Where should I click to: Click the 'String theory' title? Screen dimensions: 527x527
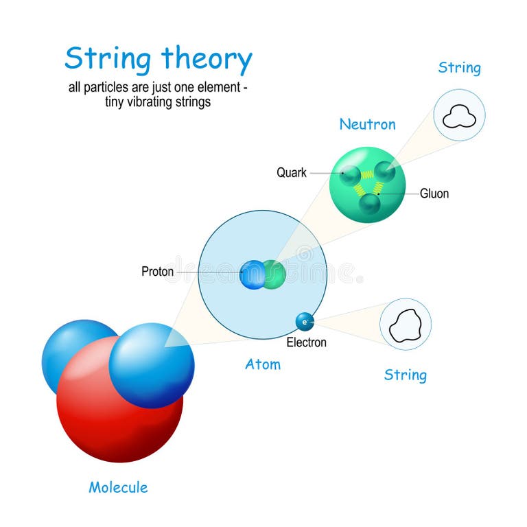pos(159,60)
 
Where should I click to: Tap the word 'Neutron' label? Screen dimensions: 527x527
pos(367,124)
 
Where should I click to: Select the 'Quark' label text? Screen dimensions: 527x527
pos(292,173)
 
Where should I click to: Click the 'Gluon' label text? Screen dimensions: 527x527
pos(434,194)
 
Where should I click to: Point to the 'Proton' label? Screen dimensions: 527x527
pos(157,272)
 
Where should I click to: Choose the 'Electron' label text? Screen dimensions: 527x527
pos(306,342)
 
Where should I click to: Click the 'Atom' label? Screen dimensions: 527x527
pos(263,364)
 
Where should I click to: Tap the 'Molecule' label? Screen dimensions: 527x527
pos(118,488)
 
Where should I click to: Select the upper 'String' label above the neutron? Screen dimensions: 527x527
pos(459,68)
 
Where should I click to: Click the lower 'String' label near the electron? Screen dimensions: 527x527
pos(405,375)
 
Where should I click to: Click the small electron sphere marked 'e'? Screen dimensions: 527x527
pos(305,320)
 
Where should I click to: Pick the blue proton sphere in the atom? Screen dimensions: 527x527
pos(252,274)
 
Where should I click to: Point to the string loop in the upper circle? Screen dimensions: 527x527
pos(459,117)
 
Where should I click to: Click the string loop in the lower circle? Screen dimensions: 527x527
pos(405,325)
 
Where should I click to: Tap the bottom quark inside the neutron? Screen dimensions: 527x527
pos(369,202)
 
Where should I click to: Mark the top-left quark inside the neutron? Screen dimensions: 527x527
pos(351,174)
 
